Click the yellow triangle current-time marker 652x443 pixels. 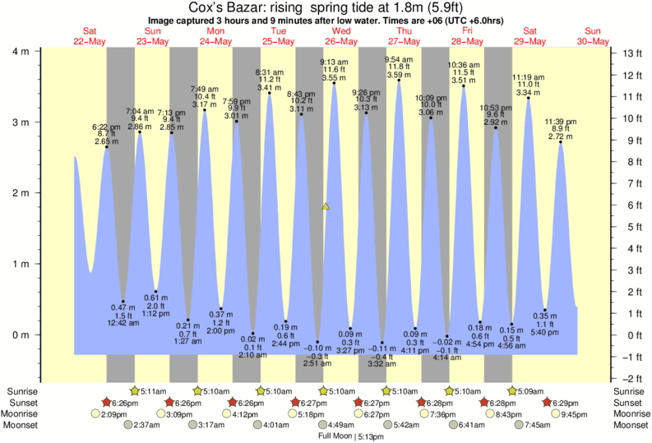[x=326, y=206]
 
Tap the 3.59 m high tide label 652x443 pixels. [x=399, y=75]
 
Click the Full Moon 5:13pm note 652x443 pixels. [x=354, y=436]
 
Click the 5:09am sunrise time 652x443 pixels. [x=526, y=391]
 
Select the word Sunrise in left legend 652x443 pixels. [x=21, y=391]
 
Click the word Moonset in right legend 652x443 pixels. [x=630, y=425]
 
